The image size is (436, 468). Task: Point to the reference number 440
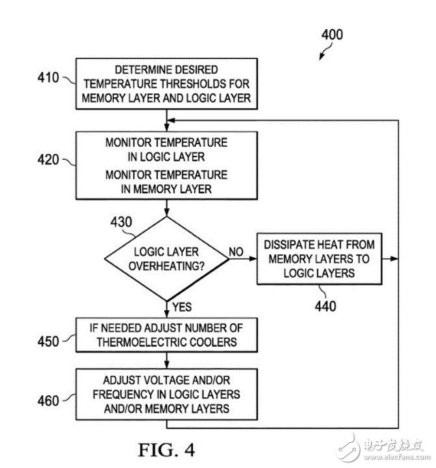click(x=325, y=306)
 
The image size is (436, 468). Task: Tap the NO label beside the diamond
click(x=236, y=252)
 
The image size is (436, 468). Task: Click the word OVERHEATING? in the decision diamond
click(x=167, y=266)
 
